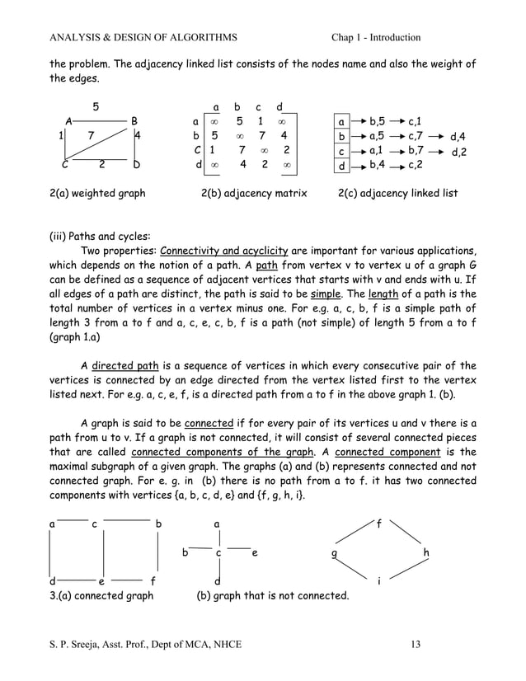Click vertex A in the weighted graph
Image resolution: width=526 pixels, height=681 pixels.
coord(69,121)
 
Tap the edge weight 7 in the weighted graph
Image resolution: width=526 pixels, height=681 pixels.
coord(91,136)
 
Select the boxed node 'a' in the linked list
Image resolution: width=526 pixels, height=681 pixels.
coord(342,121)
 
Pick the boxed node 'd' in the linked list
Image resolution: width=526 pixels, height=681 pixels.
coord(342,167)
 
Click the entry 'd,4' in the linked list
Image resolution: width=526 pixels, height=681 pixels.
coord(458,136)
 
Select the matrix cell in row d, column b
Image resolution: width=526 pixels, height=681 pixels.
coord(242,165)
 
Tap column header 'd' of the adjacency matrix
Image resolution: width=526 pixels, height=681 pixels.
coord(280,106)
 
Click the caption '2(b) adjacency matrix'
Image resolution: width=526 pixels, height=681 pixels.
coord(254,194)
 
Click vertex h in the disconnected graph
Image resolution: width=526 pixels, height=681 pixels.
coord(425,553)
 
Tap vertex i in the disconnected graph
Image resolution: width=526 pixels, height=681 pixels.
coord(378,581)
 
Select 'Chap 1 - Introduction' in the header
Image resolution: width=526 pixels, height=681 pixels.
coord(375,37)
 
